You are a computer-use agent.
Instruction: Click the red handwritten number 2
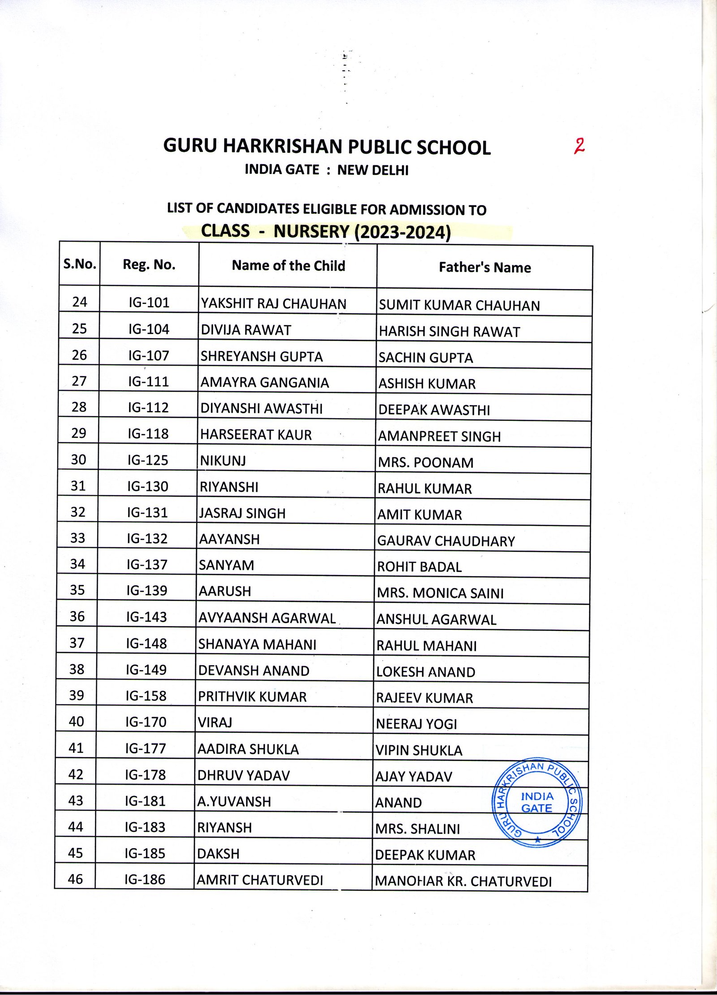[x=579, y=146]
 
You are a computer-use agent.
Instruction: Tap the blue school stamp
[x=537, y=804]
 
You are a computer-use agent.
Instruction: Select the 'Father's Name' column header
[x=484, y=267]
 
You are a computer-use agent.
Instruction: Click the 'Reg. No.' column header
[x=149, y=264]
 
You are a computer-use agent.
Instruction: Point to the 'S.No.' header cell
[x=80, y=264]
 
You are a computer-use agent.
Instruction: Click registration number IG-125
[x=148, y=460]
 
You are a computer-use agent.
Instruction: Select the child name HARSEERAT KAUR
[x=256, y=434]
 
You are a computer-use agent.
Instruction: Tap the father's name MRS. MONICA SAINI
[x=440, y=593]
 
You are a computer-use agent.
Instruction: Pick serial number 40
[x=77, y=721]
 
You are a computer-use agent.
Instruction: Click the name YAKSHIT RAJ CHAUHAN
[x=273, y=303]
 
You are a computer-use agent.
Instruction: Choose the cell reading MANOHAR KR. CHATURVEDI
[x=463, y=881]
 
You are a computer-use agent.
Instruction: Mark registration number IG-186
[x=145, y=879]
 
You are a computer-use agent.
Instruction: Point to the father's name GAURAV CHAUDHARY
[x=446, y=541]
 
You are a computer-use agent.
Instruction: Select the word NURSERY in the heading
[x=311, y=231]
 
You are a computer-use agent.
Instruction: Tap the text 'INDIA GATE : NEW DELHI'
[x=326, y=170]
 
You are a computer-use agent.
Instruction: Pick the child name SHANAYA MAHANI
[x=257, y=644]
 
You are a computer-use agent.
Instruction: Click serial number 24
[x=80, y=302]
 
